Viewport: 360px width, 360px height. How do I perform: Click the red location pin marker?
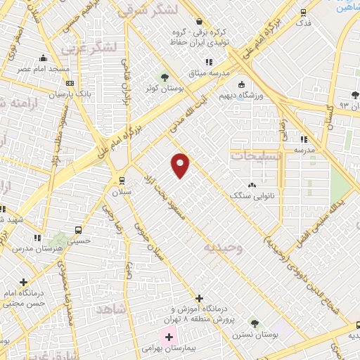click(181, 164)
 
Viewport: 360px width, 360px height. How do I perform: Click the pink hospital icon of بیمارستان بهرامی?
click(169, 337)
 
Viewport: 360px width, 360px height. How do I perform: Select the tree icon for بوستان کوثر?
click(165, 77)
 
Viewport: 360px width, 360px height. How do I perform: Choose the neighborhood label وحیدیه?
click(224, 247)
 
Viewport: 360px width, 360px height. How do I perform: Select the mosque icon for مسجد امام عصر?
click(44, 58)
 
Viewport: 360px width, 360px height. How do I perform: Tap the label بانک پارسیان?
click(53, 92)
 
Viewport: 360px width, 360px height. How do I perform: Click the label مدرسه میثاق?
click(208, 73)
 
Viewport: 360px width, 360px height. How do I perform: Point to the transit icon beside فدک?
click(303, 12)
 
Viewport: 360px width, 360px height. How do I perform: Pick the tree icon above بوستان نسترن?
click(255, 325)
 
